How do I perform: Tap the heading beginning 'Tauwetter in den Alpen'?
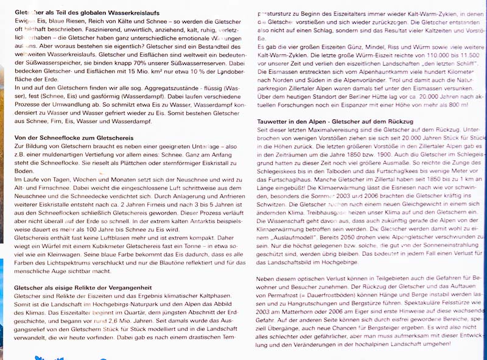(x=335, y=122)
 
